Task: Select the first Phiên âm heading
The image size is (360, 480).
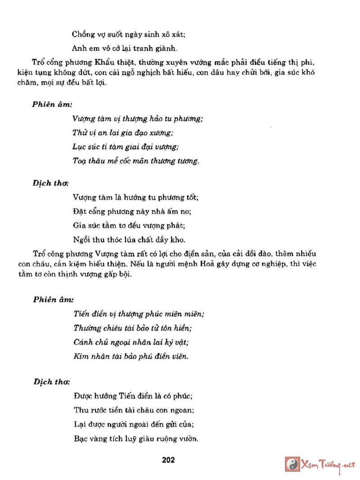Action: [x=52, y=104]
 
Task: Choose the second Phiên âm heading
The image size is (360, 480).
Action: [x=53, y=299]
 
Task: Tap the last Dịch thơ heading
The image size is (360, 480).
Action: [x=51, y=381]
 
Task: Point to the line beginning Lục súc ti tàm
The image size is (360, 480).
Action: [x=126, y=147]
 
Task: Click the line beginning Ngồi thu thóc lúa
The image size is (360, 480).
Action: [x=129, y=239]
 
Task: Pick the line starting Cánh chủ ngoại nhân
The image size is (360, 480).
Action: [x=131, y=342]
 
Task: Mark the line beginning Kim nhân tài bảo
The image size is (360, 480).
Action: [x=130, y=356]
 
